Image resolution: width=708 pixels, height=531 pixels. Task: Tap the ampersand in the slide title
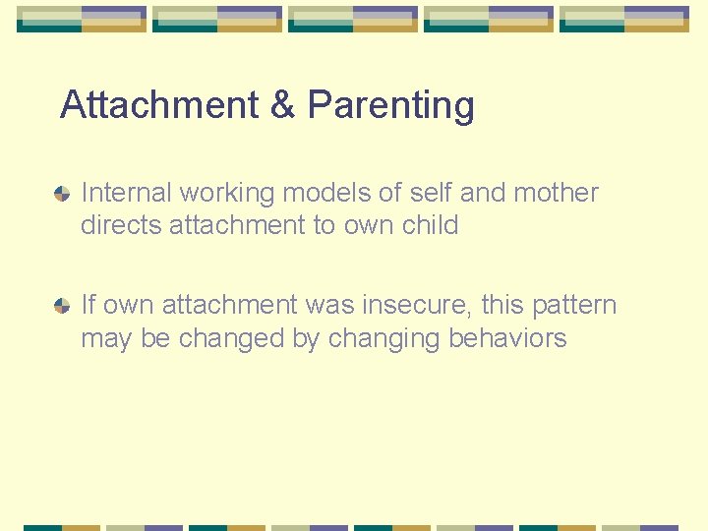[x=283, y=105]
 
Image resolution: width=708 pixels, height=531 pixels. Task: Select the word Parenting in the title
[x=390, y=105]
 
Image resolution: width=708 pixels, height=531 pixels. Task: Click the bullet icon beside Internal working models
[x=62, y=195]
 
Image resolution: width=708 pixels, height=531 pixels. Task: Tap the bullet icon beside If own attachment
[x=62, y=307]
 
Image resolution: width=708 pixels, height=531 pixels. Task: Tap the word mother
[x=556, y=193]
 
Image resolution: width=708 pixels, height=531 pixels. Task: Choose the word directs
[x=121, y=225]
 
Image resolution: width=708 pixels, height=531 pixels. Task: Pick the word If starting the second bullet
[x=88, y=306]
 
